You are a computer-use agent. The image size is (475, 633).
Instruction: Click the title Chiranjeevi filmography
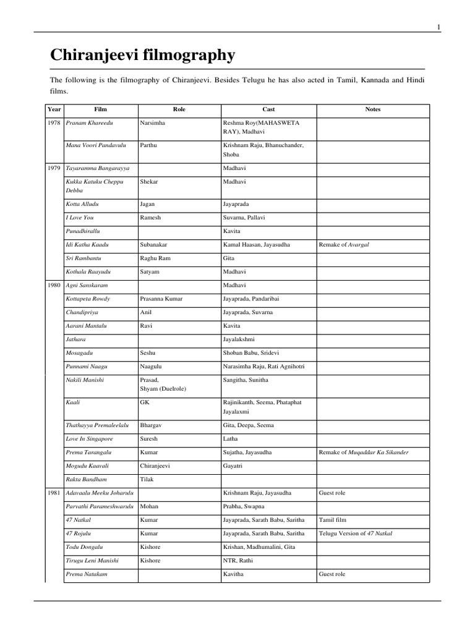coord(142,56)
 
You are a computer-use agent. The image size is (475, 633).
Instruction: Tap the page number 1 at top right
coord(439,27)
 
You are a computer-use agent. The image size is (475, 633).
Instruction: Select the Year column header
coord(54,109)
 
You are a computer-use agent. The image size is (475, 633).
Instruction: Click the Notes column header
coord(373,109)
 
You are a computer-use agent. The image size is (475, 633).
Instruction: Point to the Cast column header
coord(268,109)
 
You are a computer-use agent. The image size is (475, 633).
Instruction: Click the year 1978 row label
coord(54,123)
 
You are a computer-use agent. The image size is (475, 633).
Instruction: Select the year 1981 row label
coord(54,493)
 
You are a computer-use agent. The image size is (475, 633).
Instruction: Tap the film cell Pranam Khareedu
coord(92,123)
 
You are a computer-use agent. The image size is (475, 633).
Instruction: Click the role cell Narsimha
coord(153,123)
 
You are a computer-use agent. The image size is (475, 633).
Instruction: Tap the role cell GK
coord(145,402)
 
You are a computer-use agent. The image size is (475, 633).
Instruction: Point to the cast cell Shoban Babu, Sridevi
coord(253,353)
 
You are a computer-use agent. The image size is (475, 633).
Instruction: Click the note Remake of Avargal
coord(348,245)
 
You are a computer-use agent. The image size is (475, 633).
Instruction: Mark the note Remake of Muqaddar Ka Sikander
coord(364,452)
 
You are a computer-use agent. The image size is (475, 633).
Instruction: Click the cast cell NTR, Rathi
coord(238,561)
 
